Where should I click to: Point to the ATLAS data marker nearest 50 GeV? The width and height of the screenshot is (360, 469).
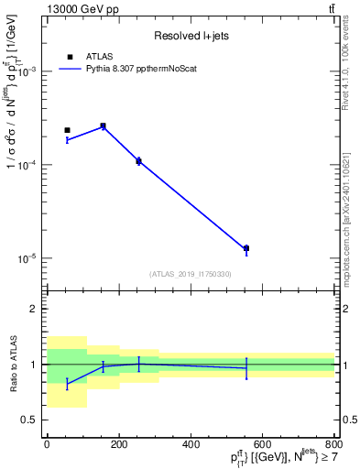[67, 130]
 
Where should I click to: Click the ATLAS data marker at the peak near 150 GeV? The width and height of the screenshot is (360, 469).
[103, 125]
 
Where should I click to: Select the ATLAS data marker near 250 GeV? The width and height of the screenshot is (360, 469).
[138, 160]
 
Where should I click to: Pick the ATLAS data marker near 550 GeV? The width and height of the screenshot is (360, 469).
[246, 248]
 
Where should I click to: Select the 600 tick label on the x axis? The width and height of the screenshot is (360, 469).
[262, 445]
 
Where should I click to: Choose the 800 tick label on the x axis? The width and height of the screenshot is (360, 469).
[333, 445]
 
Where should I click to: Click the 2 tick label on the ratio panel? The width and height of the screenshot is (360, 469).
[35, 309]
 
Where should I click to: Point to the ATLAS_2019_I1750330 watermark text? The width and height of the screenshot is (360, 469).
[191, 274]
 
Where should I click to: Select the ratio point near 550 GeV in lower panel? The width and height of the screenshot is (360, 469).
[246, 368]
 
